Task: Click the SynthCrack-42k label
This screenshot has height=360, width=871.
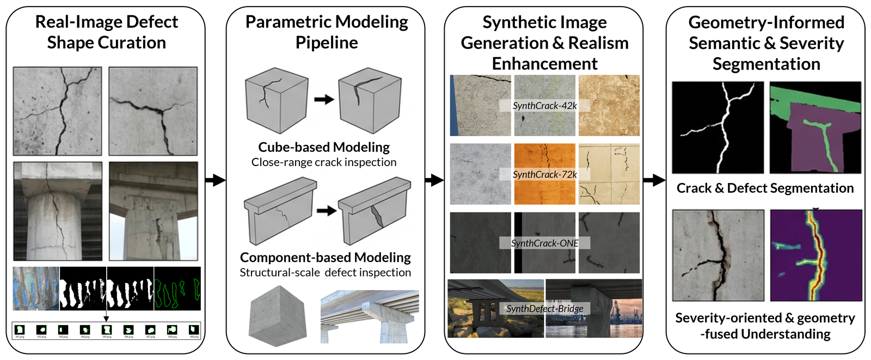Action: pos(544,106)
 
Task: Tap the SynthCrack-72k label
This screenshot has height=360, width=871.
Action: pos(544,174)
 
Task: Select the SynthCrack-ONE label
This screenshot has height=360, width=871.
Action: pos(544,243)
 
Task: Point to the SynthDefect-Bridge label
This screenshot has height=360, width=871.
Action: pos(544,308)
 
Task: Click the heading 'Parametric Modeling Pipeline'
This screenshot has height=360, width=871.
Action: pos(326,32)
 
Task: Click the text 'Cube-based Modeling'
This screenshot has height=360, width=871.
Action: pos(324,147)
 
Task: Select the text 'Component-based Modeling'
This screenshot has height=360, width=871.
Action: pos(326,257)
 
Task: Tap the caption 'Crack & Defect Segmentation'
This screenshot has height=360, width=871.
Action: pos(765,188)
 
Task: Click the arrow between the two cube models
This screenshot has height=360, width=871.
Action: pos(324,99)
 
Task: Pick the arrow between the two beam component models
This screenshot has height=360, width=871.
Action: pos(327,211)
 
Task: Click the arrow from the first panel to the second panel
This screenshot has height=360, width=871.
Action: pos(215,180)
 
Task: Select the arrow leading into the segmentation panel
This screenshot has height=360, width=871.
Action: pos(654,180)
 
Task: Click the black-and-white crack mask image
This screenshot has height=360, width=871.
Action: pos(717,127)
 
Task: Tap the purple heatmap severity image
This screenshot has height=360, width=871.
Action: pos(816,255)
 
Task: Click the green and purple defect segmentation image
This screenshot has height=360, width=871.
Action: pos(815,127)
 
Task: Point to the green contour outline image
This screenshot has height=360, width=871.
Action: pos(177,288)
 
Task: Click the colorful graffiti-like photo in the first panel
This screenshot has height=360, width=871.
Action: pos(36,288)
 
